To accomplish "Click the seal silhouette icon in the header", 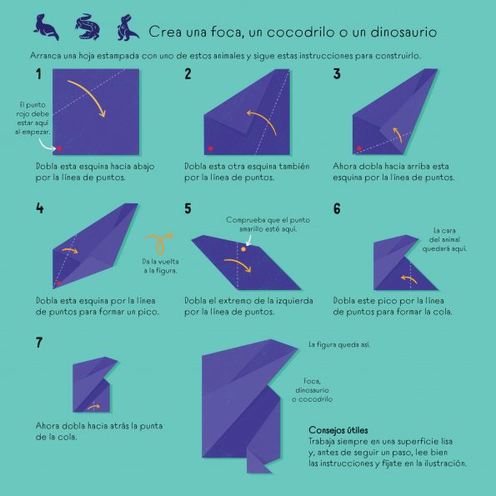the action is point(46,28).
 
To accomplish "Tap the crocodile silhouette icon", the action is point(88,27).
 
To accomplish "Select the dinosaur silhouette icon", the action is point(128,28).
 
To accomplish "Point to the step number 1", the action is point(38,74).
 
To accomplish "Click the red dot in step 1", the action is point(59,148).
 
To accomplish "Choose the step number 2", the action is point(188,74).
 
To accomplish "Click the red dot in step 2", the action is point(210,148).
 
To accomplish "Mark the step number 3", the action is point(337,74).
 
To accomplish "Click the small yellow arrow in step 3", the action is point(398,135).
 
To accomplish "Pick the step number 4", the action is point(39,208).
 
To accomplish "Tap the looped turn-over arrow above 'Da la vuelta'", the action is point(160,243).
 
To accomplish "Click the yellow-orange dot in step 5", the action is point(243,249).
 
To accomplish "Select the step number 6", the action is point(337,208).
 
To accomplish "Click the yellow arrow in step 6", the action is point(408,278).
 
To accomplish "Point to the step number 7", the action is point(39,343).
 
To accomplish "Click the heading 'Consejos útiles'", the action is point(338,430).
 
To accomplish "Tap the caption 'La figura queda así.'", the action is point(339,344).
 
